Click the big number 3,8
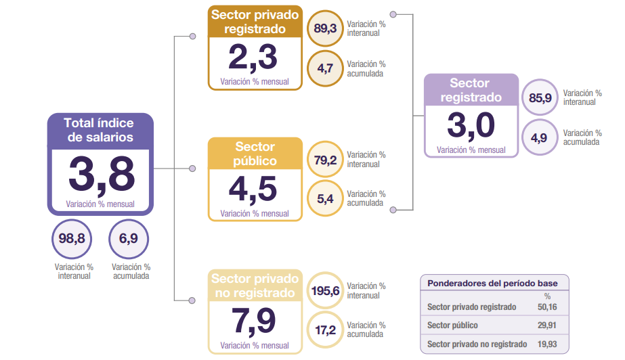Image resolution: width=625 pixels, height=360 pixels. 101,174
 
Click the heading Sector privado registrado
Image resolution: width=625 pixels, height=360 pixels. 254,22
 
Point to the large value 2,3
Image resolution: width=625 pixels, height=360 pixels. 253,58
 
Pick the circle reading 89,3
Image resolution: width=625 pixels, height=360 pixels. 326,28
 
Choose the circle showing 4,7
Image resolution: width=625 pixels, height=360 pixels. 326,68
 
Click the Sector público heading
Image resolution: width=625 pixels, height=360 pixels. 255,154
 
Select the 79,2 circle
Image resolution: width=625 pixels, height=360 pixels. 326,160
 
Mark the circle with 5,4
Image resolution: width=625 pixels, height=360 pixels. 326,199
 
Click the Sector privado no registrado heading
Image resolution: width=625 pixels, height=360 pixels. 255,286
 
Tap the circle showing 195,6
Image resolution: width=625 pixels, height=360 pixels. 326,291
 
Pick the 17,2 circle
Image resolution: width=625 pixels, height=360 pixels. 326,330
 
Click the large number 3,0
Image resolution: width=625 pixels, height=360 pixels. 471,126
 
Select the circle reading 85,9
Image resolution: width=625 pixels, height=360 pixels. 540,98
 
